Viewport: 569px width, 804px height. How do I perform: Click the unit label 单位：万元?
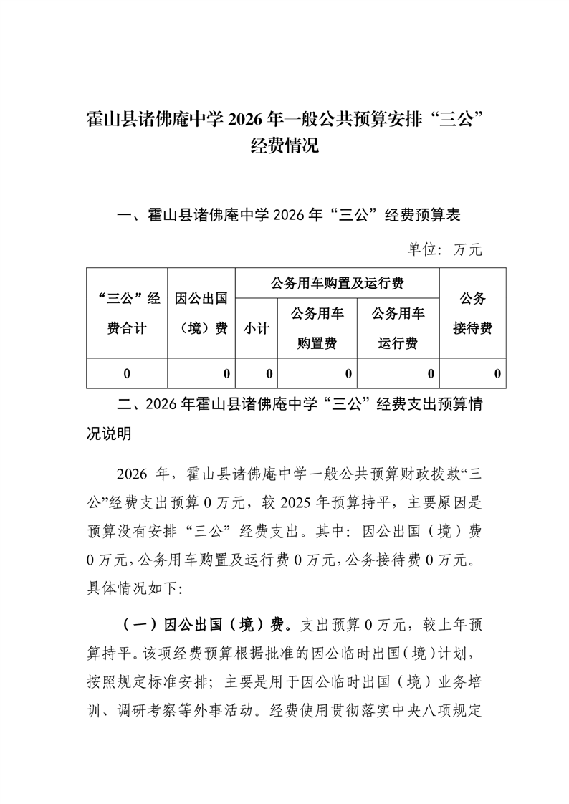coord(445,249)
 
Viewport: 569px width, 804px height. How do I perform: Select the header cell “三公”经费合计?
coord(126,312)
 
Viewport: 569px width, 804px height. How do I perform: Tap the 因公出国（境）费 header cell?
coord(201,312)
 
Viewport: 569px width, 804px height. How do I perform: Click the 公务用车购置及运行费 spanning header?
coord(337,283)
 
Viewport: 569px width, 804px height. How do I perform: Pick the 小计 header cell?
coord(256,328)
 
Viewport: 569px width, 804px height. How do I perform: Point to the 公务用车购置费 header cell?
coord(317,328)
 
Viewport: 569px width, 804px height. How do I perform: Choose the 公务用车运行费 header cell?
coord(398,328)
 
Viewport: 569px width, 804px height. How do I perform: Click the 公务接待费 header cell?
coord(472,312)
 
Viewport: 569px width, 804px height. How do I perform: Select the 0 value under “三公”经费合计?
coord(127,373)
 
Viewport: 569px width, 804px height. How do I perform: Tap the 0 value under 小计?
coord(269,373)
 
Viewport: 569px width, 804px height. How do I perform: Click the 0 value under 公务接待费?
coord(497,373)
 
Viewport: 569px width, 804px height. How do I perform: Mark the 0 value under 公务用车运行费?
coord(431,373)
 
